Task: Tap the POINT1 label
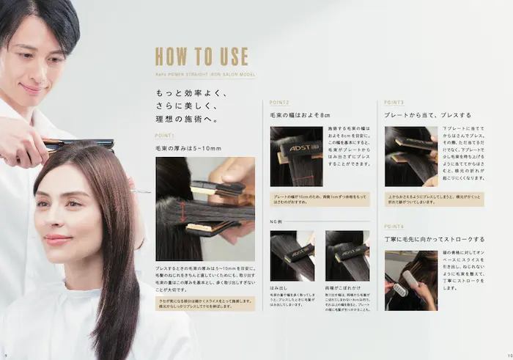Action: (165, 136)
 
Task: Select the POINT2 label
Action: (280, 103)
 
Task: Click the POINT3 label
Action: (394, 103)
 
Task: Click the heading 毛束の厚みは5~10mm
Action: (188, 149)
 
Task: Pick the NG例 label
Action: (277, 220)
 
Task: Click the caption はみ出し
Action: (280, 289)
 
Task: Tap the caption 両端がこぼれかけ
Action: (342, 289)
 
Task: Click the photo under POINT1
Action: (195, 208)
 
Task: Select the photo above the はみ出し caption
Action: (293, 256)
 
